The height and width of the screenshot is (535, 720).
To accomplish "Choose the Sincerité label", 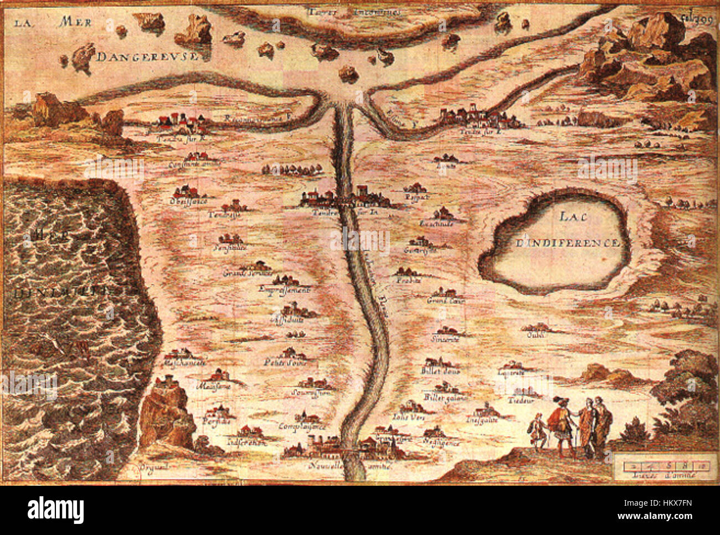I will click(x=445, y=339).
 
